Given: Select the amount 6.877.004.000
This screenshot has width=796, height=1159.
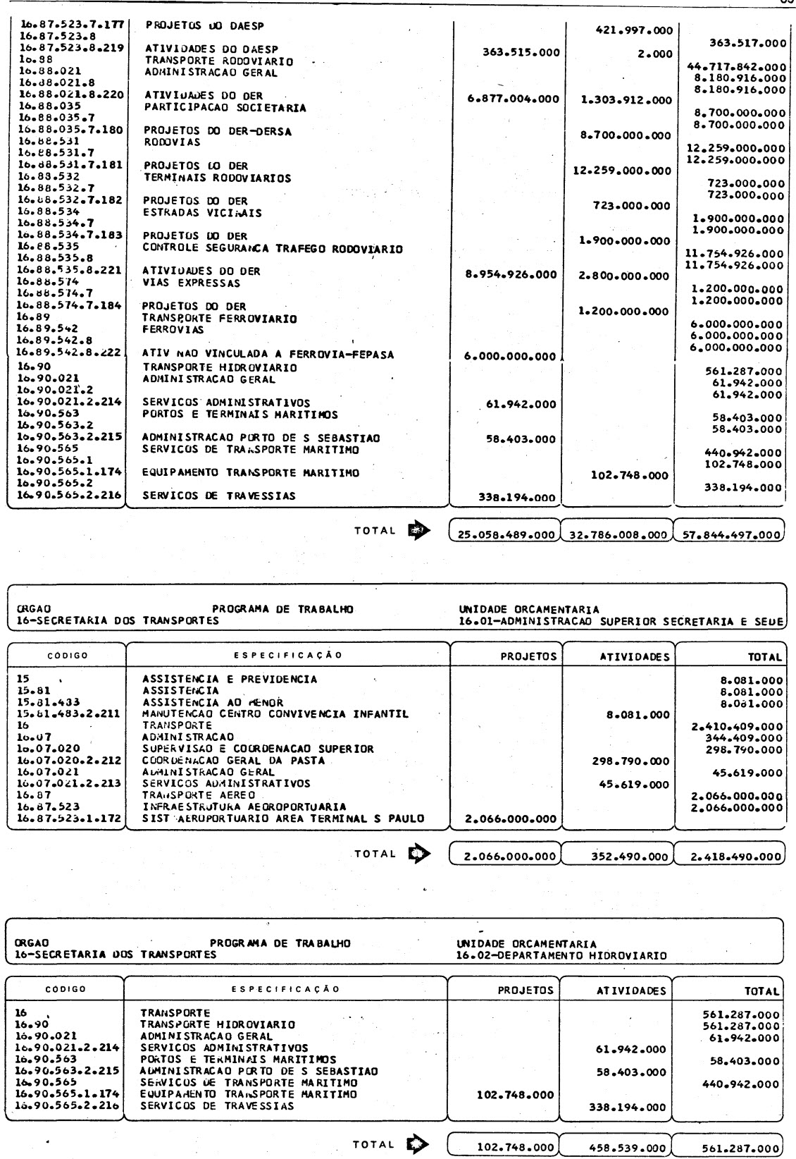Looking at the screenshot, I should (x=514, y=99).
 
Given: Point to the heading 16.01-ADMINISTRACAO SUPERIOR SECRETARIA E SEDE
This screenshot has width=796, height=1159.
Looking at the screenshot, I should (x=621, y=621).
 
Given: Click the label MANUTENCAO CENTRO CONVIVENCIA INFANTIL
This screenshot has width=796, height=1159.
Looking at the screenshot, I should (x=275, y=713).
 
